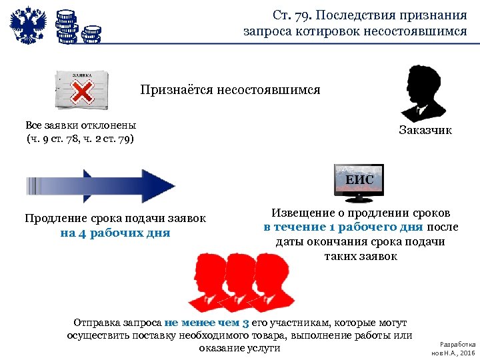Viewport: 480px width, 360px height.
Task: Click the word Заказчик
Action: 425,130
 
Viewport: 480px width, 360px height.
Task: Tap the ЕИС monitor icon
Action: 359,182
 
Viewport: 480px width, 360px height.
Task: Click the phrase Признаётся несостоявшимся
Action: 230,89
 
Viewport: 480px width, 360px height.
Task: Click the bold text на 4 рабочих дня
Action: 115,233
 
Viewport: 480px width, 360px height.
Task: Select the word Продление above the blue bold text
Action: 56,218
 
